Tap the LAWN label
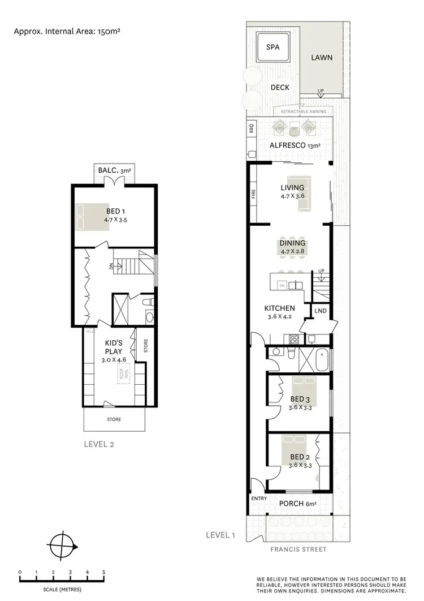(x=321, y=58)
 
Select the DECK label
(x=280, y=87)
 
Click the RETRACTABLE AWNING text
(x=303, y=112)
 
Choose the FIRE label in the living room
(x=253, y=194)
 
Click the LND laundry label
(x=320, y=311)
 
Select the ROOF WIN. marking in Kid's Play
(x=123, y=374)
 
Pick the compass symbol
(x=62, y=547)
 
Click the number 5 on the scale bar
(x=104, y=573)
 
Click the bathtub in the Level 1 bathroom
(x=324, y=359)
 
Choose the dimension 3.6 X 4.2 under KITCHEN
(x=279, y=317)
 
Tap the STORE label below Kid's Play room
(x=114, y=419)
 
